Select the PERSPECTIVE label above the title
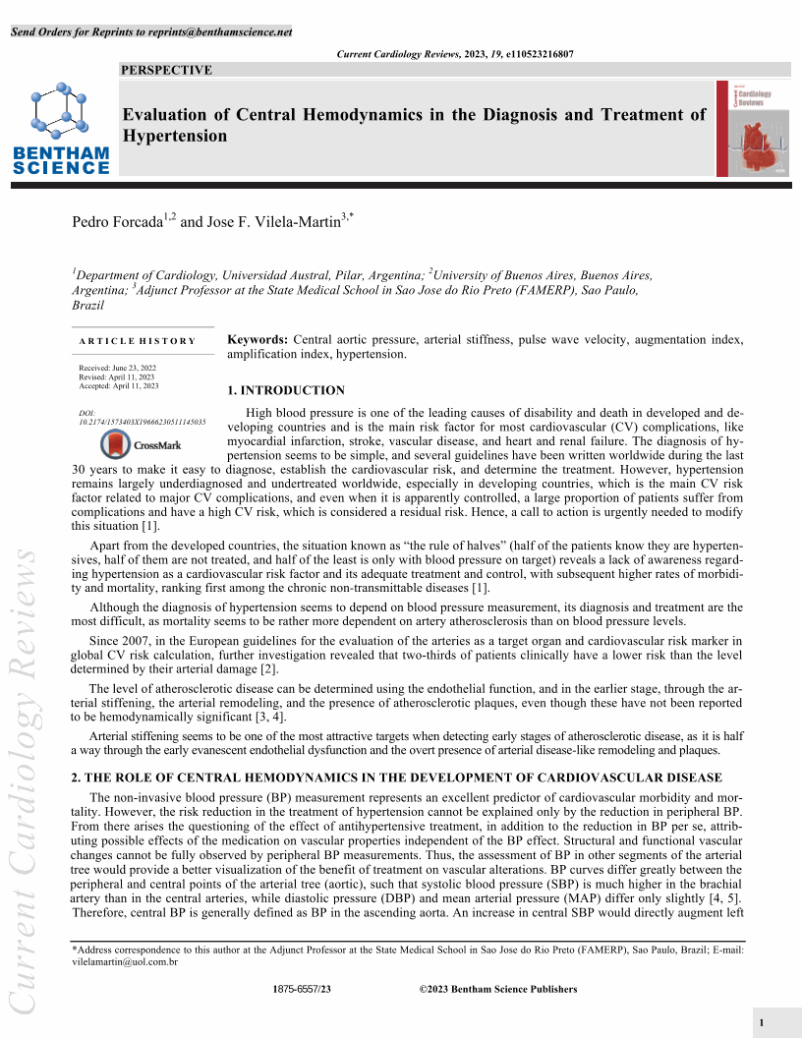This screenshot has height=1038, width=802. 166,70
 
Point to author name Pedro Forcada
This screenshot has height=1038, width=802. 117,222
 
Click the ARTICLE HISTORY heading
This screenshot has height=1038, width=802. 138,341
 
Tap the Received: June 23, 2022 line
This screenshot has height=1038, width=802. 118,368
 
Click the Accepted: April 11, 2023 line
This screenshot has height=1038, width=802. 119,385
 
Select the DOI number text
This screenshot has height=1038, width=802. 142,422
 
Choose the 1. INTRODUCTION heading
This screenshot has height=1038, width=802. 286,390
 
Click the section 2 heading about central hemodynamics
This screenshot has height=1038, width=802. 396,778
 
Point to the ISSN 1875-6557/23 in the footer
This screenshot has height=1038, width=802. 302,989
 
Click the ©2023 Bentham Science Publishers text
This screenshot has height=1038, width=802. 497,989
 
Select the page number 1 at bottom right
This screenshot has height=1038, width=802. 762,1023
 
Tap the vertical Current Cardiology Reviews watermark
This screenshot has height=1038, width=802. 23,777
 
